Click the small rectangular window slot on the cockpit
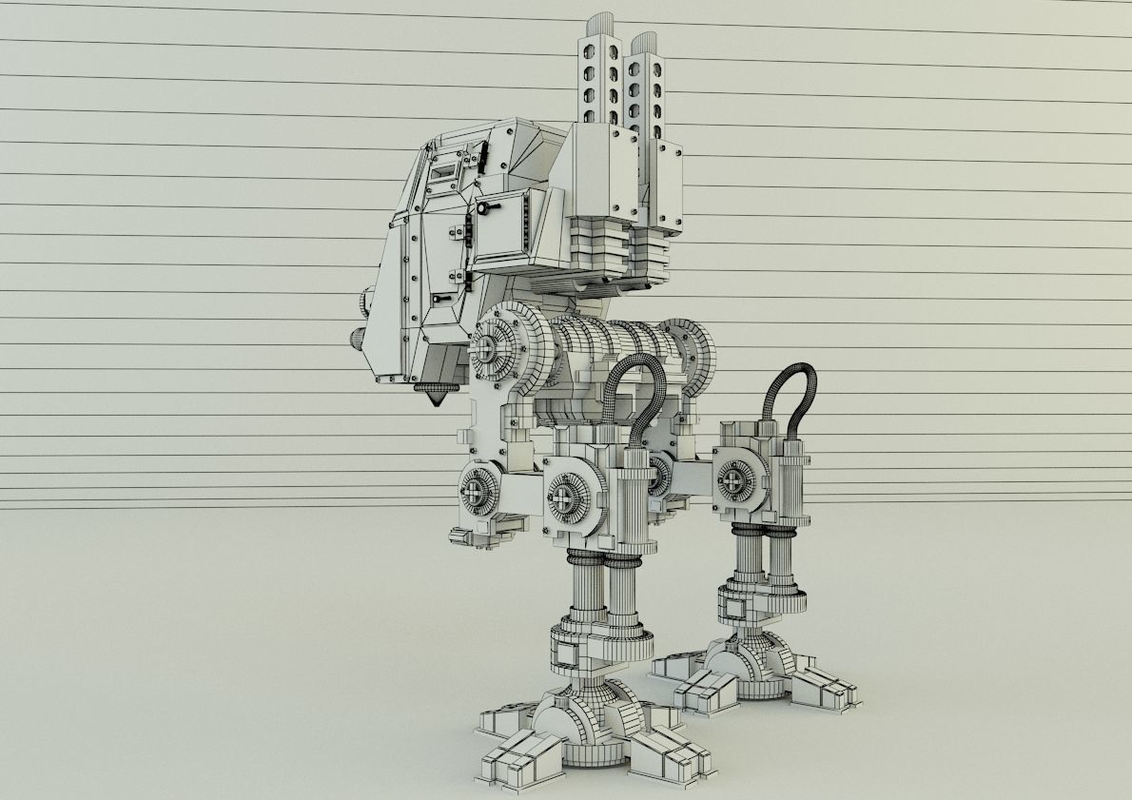[x=444, y=172]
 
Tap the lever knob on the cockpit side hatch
[x=486, y=206]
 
